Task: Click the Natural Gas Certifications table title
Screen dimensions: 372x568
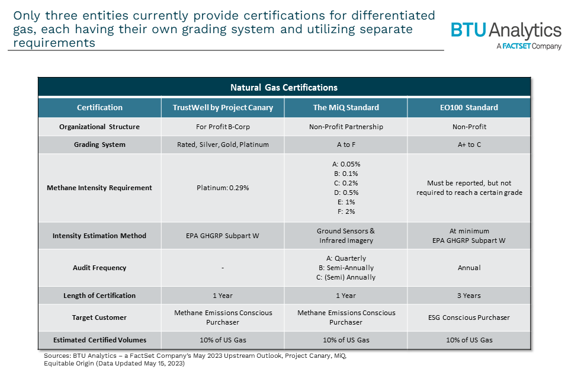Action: point(284,88)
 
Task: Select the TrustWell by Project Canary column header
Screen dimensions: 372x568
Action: point(223,108)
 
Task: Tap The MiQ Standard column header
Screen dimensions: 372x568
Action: point(346,108)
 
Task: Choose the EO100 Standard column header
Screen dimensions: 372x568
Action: point(468,108)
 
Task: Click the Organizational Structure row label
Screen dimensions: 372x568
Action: point(100,127)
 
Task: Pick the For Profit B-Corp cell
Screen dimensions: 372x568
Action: point(223,127)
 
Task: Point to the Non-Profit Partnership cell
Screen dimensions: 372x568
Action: point(346,127)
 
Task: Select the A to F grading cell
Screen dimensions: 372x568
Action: point(346,145)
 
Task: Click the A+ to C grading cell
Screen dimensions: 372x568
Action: point(468,145)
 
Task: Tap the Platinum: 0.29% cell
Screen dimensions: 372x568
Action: point(223,188)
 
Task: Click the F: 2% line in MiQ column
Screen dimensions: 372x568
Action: point(346,211)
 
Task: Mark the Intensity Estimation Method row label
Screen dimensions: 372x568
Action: point(100,236)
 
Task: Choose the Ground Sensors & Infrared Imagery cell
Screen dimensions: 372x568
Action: point(346,236)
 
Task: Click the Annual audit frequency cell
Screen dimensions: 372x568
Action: point(468,268)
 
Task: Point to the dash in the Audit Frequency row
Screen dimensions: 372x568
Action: point(223,268)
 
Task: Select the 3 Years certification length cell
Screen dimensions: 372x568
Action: point(468,296)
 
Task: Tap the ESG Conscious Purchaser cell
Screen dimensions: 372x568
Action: point(468,318)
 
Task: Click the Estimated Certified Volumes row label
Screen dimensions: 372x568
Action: point(100,340)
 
